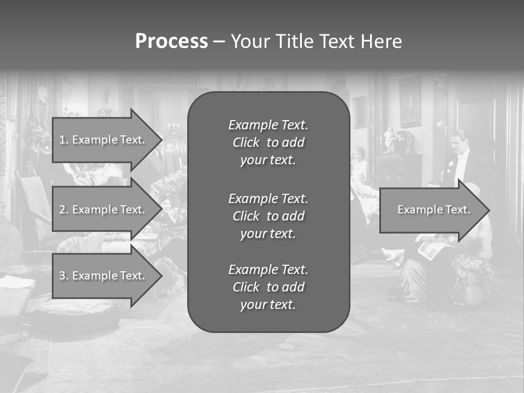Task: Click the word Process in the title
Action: pyautogui.click(x=171, y=41)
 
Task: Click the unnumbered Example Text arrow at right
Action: pyautogui.click(x=433, y=210)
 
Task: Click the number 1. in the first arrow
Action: pyautogui.click(x=64, y=140)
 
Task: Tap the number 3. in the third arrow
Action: pyautogui.click(x=64, y=276)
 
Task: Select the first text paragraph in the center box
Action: pyautogui.click(x=268, y=142)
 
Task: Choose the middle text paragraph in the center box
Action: pyautogui.click(x=268, y=216)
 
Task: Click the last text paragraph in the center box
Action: pyautogui.click(x=268, y=287)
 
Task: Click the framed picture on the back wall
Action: pyautogui.click(x=409, y=103)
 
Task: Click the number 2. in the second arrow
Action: pyautogui.click(x=64, y=210)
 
